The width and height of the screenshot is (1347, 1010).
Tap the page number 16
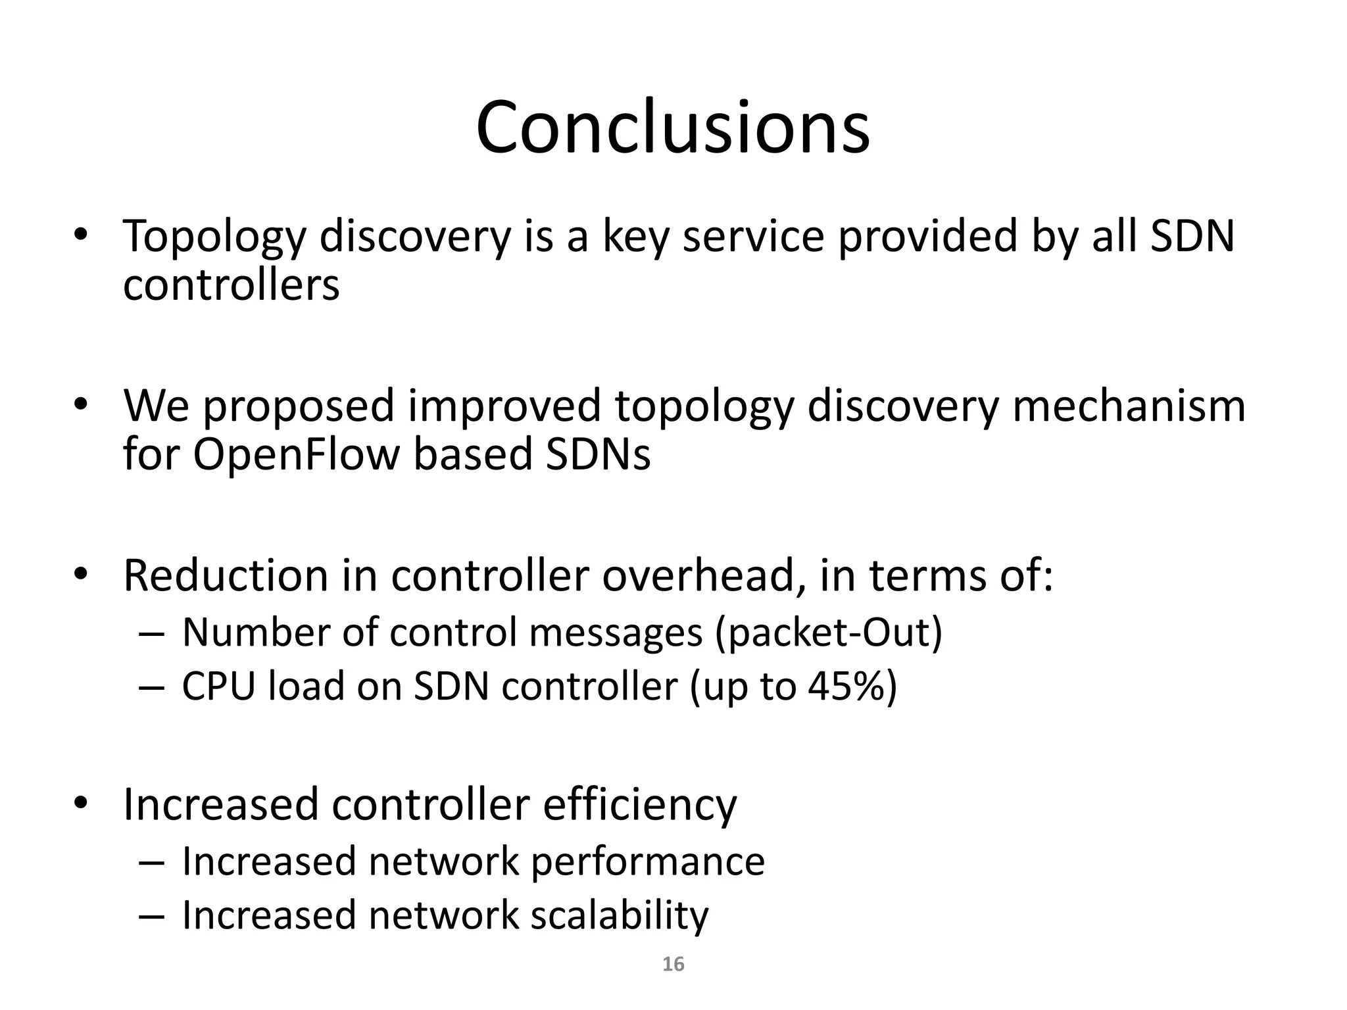(x=673, y=964)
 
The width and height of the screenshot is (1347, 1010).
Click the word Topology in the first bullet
(x=214, y=237)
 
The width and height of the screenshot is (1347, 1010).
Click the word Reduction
(x=226, y=575)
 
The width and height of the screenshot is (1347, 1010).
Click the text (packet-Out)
(x=829, y=633)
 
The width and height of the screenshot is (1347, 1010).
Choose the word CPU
(x=218, y=686)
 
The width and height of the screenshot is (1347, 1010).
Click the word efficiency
(x=639, y=805)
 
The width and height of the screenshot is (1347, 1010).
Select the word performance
(x=647, y=861)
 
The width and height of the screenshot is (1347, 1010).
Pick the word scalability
(x=620, y=915)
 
